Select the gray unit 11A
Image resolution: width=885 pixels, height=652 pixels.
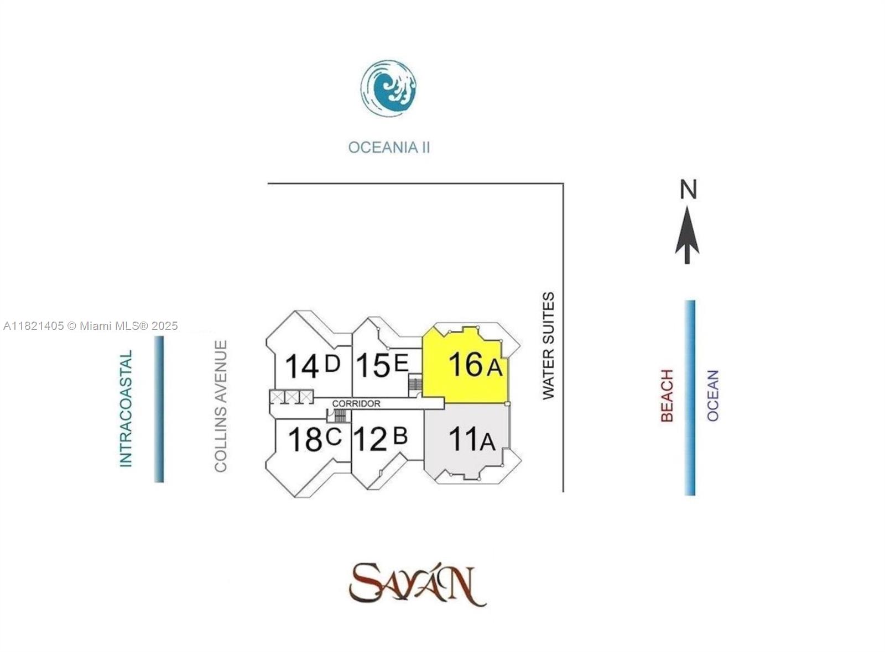(467, 439)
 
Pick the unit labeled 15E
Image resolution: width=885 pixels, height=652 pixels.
(382, 365)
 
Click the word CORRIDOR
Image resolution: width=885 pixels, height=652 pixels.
(356, 404)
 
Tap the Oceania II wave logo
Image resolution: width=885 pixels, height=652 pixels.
(388, 88)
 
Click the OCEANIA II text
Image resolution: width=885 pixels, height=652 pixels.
(389, 148)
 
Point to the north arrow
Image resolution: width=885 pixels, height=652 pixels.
(687, 235)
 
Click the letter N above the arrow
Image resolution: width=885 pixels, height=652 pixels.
(688, 190)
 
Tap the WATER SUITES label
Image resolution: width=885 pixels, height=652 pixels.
(548, 345)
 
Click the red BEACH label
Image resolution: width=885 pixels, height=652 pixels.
(667, 396)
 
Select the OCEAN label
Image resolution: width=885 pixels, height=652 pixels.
(713, 396)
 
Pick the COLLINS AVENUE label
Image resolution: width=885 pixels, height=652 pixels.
(221, 406)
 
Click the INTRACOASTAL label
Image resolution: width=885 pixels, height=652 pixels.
(127, 408)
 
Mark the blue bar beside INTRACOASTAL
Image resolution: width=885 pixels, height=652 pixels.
(159, 409)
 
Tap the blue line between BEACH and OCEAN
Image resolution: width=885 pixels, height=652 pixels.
(690, 398)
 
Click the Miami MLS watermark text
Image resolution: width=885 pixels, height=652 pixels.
(91, 326)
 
